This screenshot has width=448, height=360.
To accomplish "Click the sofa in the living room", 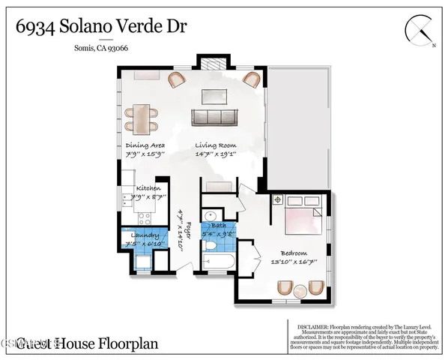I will pos(215,118).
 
